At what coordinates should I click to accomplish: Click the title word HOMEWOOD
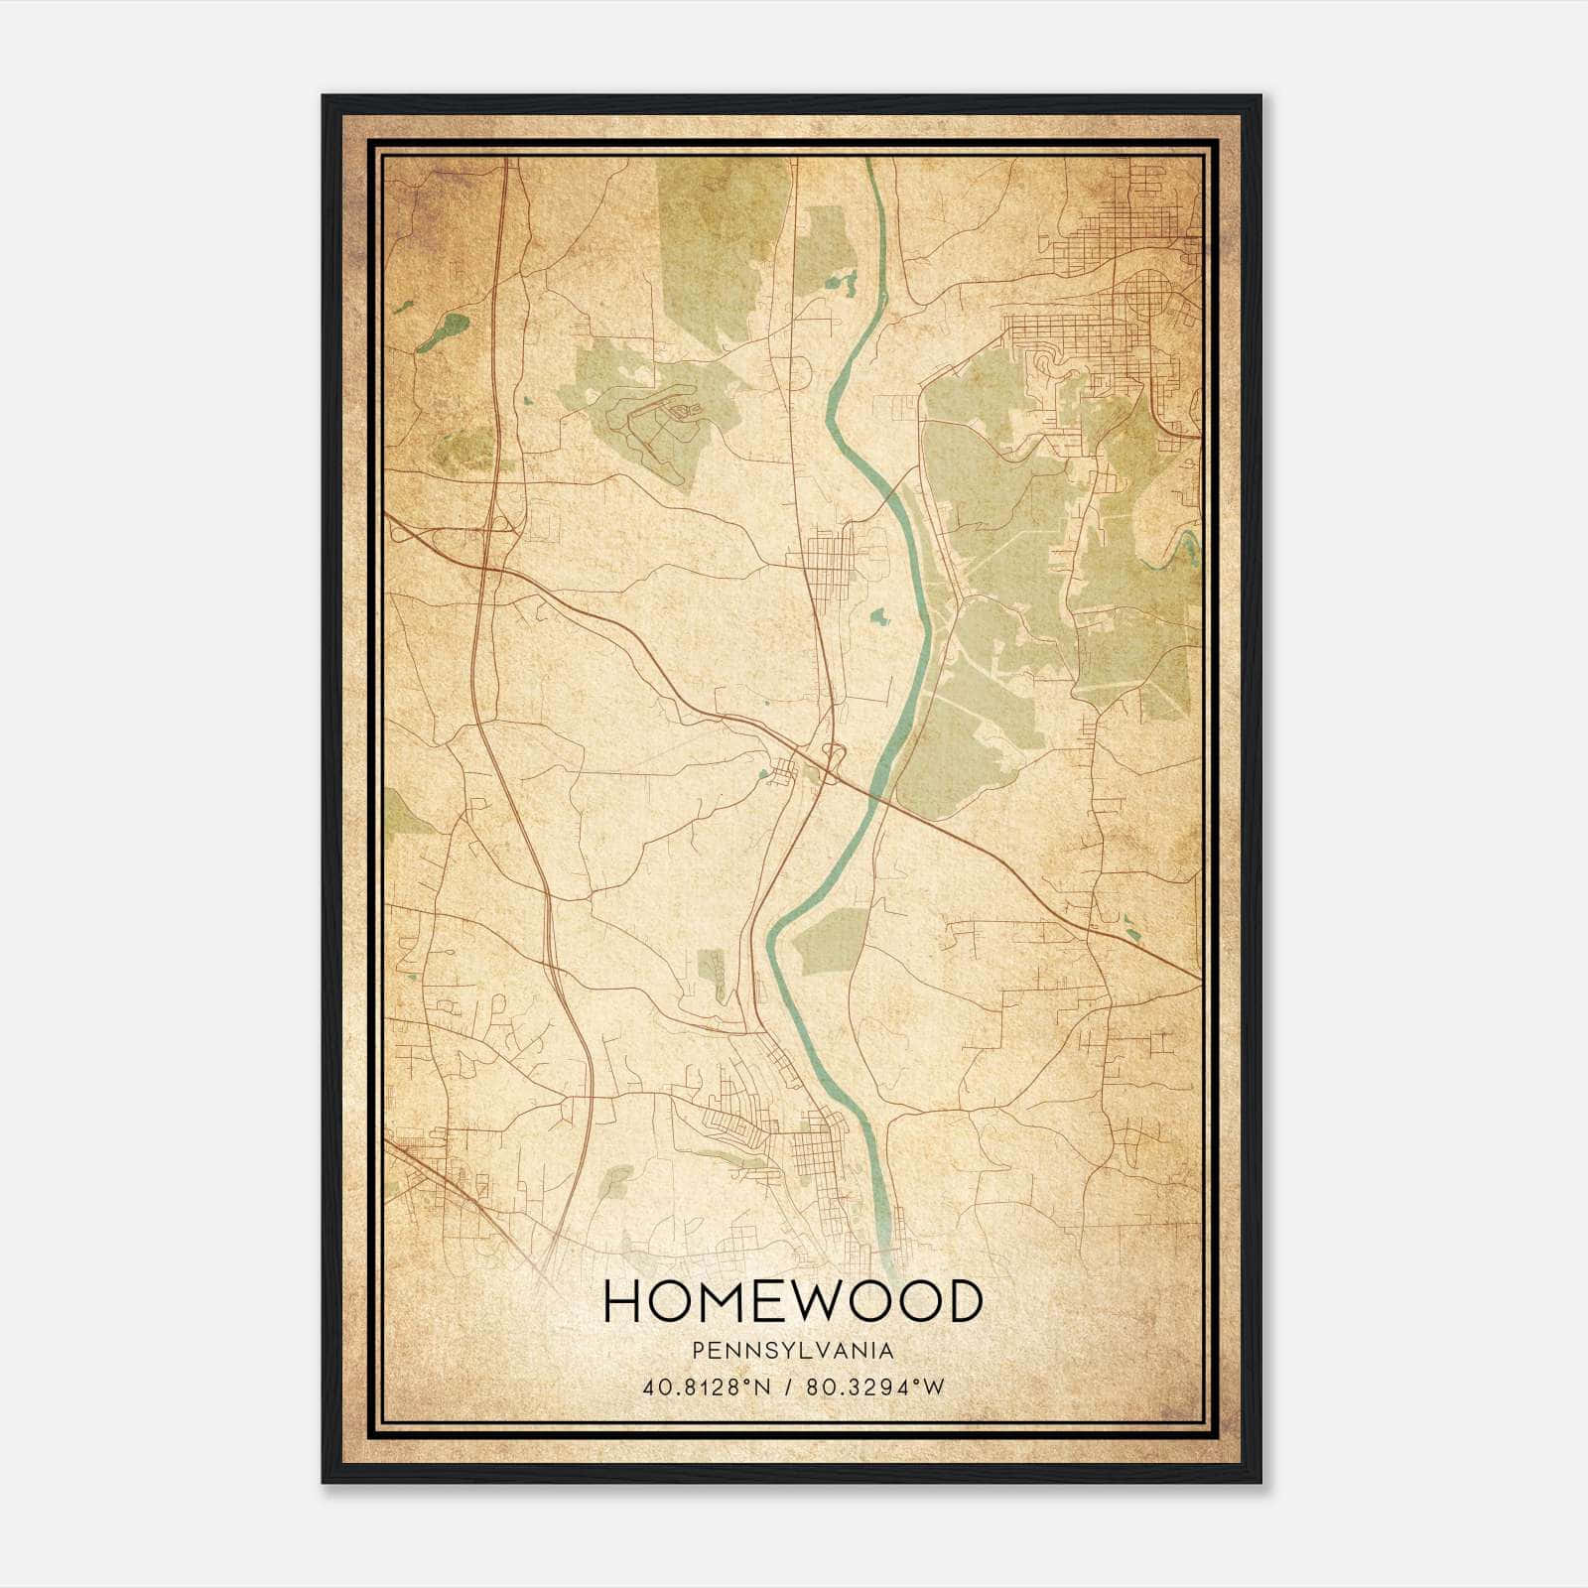point(792,1302)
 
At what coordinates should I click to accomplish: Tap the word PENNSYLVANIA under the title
point(792,1351)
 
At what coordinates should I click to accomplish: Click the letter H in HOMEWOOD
point(623,1302)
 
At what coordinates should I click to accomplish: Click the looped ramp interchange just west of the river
point(832,754)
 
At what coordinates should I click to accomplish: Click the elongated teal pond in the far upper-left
point(443,331)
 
